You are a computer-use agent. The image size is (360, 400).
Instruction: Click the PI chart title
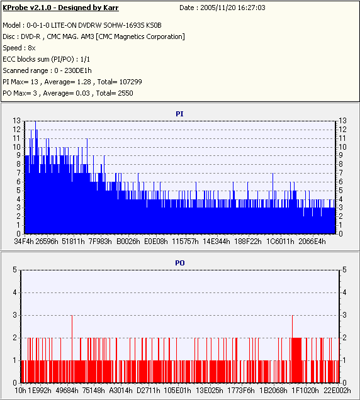coord(179,114)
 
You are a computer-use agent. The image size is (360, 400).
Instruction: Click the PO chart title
coord(180,263)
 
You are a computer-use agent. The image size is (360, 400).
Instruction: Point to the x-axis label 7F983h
coord(100,242)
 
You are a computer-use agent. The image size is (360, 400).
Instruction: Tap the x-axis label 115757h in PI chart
coord(185,242)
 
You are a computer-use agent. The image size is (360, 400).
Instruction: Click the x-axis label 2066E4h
coord(312,242)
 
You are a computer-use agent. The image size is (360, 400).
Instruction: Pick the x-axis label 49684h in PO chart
coord(67,391)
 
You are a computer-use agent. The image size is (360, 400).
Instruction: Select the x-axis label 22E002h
coord(337,391)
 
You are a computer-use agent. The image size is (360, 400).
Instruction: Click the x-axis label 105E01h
coord(177,391)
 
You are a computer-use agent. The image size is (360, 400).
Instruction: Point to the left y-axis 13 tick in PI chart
coord(16,121)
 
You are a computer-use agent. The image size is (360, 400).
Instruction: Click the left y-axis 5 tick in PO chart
coord(15,270)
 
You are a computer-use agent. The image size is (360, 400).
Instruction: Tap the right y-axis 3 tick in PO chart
coord(344,315)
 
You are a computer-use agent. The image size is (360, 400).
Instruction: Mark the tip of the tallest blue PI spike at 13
coord(35,121)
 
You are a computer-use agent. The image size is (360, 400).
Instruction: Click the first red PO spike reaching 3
coord(72,316)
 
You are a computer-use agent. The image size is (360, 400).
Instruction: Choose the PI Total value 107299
coord(130,82)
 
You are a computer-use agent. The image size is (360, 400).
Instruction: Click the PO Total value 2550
coord(125,93)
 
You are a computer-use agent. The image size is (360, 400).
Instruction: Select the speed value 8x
coord(31,48)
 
